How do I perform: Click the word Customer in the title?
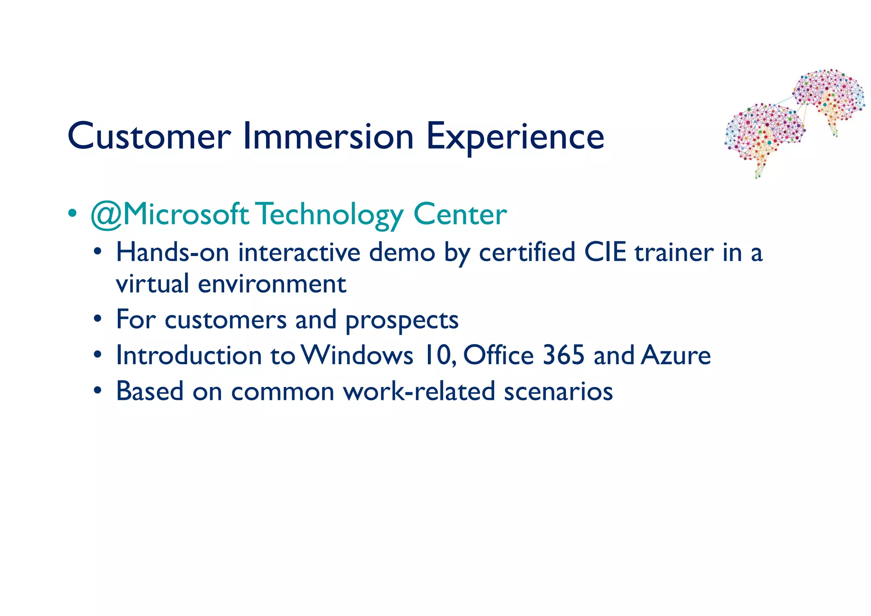click(149, 137)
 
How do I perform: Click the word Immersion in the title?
click(328, 137)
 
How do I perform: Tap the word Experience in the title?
click(515, 137)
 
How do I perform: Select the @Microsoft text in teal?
click(170, 214)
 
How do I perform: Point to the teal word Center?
click(460, 214)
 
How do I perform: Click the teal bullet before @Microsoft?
click(73, 213)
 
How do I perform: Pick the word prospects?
click(401, 320)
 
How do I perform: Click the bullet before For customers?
click(98, 319)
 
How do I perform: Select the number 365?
click(564, 355)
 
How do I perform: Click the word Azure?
click(676, 355)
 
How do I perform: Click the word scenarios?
click(558, 391)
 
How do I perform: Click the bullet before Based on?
click(98, 390)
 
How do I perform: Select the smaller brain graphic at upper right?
click(829, 98)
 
